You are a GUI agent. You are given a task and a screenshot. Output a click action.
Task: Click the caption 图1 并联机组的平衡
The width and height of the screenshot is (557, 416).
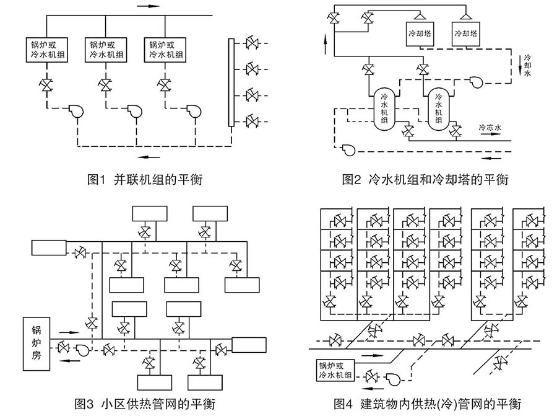[145, 180]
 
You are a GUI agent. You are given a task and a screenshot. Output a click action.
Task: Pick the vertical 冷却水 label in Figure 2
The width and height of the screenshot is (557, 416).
[527, 64]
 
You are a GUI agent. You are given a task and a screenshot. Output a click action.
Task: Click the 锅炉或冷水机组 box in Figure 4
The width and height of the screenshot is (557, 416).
[335, 370]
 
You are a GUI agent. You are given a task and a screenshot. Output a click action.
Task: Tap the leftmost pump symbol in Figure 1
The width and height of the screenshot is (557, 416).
[77, 110]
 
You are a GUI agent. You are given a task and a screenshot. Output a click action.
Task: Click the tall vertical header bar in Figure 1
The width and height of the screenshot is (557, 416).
[231, 82]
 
